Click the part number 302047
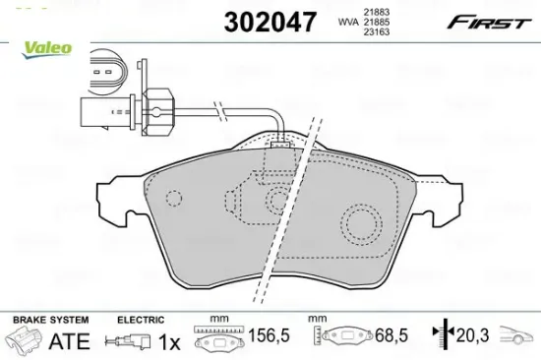pyautogui.click(x=270, y=22)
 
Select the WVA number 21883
pyautogui.click(x=376, y=13)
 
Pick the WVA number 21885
pyautogui.click(x=376, y=22)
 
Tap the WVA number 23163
pyautogui.click(x=376, y=31)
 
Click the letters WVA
pyautogui.click(x=348, y=22)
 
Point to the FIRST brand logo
pyautogui.click(x=489, y=22)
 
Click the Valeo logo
pyautogui.click(x=46, y=50)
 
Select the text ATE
pyautogui.click(x=70, y=341)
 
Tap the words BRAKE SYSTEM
pyautogui.click(x=51, y=320)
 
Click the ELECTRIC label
pyautogui.click(x=141, y=320)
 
